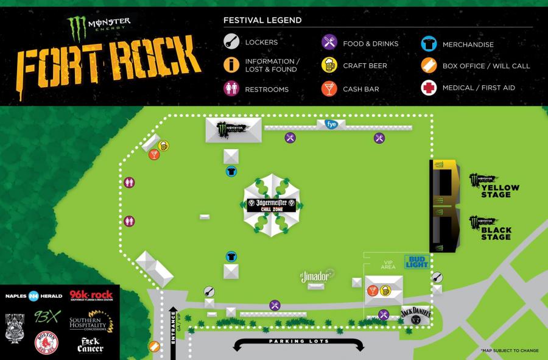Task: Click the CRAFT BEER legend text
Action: coord(365,66)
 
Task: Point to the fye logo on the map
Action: coord(332,124)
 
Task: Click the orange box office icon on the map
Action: coord(155,347)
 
